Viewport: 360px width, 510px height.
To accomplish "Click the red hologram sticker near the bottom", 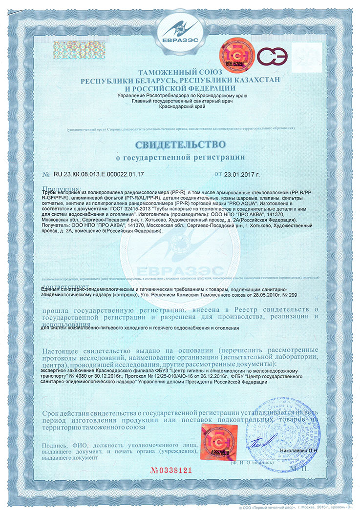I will pyautogui.click(x=214, y=441).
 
